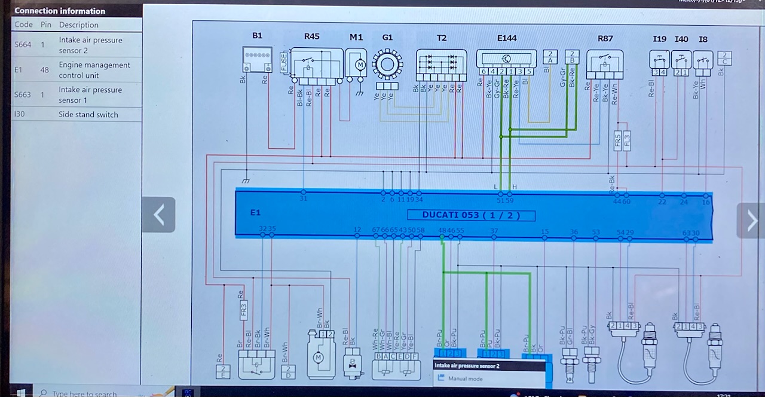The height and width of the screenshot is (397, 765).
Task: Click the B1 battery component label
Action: [257, 36]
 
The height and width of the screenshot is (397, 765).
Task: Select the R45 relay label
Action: [311, 36]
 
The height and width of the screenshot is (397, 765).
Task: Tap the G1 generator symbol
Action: [387, 65]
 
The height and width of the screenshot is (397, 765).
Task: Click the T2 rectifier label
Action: [441, 38]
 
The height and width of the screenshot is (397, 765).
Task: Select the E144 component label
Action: [507, 38]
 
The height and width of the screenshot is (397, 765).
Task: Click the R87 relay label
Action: [605, 39]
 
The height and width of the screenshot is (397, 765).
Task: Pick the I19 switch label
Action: [659, 39]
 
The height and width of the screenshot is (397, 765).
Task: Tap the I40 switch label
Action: [681, 39]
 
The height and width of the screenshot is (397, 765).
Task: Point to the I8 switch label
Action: [703, 39]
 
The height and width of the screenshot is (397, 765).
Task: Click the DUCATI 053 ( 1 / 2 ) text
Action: [471, 215]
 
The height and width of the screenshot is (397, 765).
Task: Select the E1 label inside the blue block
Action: [255, 213]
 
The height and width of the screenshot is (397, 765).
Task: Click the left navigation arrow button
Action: [158, 215]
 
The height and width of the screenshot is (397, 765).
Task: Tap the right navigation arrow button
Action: [751, 221]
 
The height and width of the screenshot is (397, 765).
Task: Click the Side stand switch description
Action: [88, 114]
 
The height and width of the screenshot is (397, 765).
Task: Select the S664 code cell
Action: [23, 45]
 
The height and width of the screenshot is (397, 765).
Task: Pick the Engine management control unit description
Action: [94, 70]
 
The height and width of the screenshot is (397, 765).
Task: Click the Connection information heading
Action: [60, 11]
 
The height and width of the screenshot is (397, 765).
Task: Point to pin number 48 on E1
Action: [442, 231]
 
